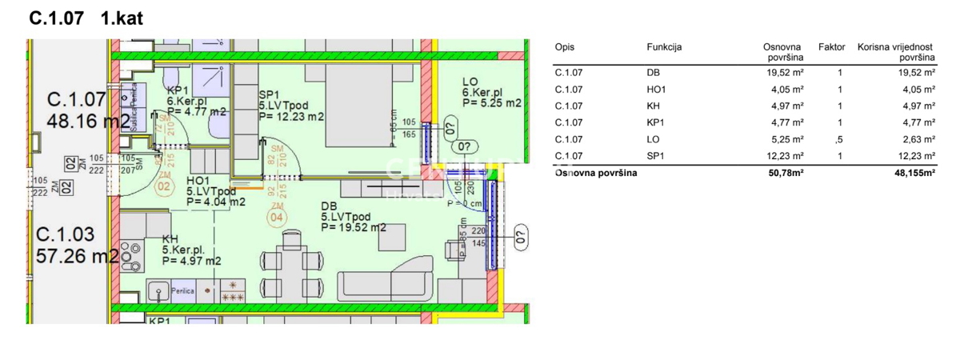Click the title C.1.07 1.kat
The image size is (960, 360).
pyautogui.click(x=86, y=18)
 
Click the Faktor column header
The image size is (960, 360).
pyautogui.click(x=831, y=47)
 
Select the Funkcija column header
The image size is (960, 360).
pyautogui.click(x=664, y=47)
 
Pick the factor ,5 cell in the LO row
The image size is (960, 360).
pyautogui.click(x=838, y=139)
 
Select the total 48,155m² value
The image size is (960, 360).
pyautogui.click(x=910, y=174)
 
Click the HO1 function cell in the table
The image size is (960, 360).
pyautogui.click(x=656, y=89)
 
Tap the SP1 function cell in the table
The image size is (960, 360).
pyautogui.click(x=655, y=156)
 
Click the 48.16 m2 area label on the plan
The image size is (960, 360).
pyautogui.click(x=88, y=121)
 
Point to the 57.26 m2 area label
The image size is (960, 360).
pyautogui.click(x=78, y=256)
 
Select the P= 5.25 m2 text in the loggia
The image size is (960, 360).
pyautogui.click(x=491, y=103)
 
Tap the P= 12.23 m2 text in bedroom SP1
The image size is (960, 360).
pyautogui.click(x=291, y=117)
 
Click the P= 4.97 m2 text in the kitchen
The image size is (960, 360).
pyautogui.click(x=191, y=260)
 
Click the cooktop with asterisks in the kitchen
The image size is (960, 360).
pyautogui.click(x=234, y=290)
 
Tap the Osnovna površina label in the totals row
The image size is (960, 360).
pyautogui.click(x=596, y=174)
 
